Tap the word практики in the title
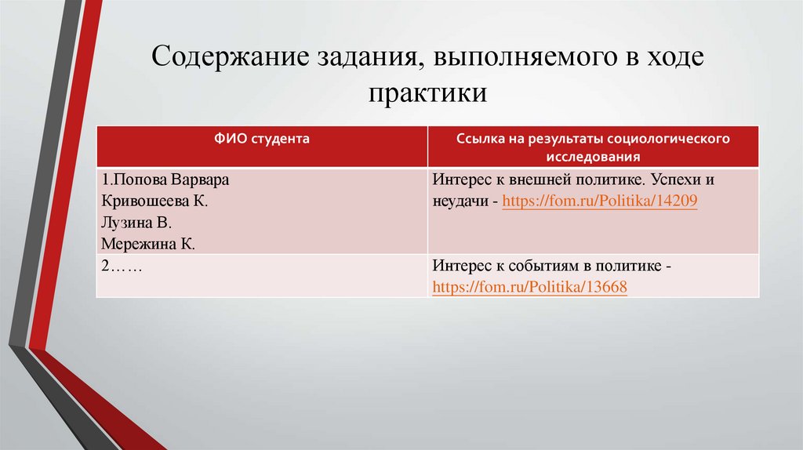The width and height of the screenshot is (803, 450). [x=427, y=93]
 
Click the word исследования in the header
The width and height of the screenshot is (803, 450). [x=593, y=155]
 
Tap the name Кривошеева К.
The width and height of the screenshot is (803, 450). [x=154, y=201]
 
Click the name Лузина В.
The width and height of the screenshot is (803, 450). [x=136, y=223]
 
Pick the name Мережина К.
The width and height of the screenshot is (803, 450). [x=147, y=245]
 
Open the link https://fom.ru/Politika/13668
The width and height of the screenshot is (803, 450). [x=529, y=288]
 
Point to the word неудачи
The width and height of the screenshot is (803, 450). [x=458, y=201]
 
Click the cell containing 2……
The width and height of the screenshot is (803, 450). [x=121, y=267]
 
